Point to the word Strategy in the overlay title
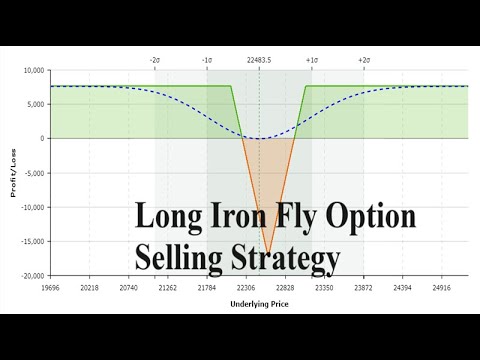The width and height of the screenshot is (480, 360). [x=286, y=258]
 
